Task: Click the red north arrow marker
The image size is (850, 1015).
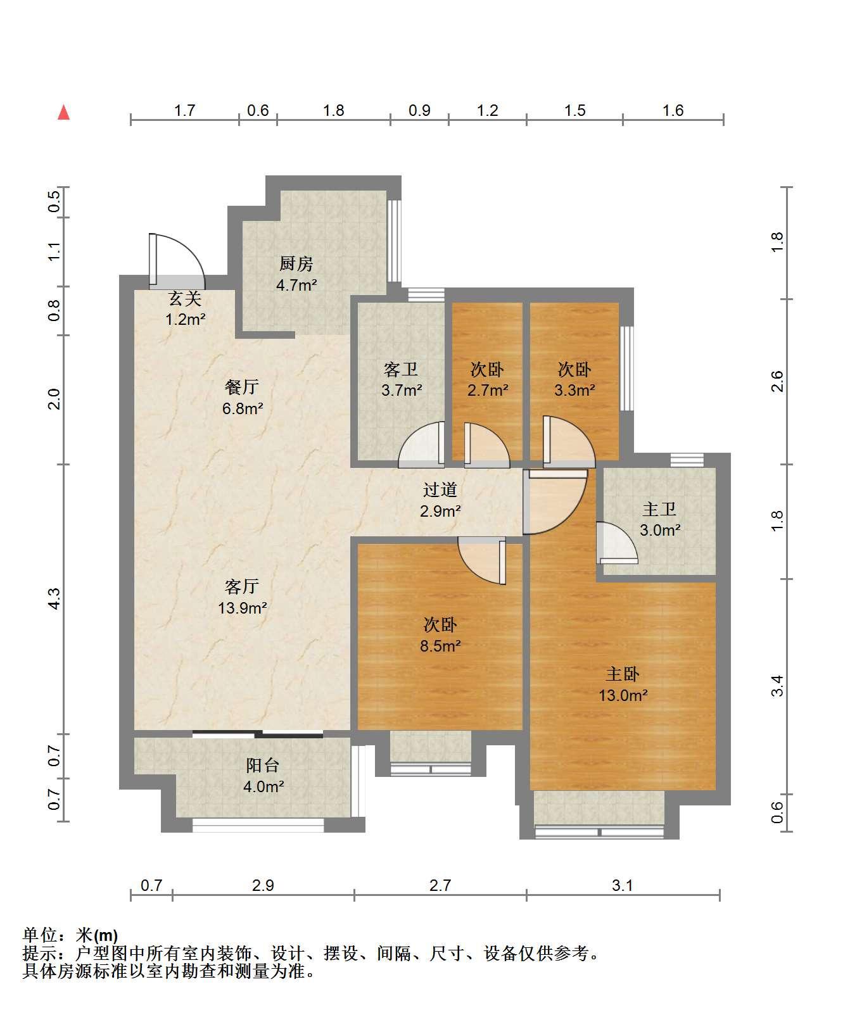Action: pyautogui.click(x=63, y=113)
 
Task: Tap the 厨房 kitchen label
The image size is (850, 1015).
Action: pyautogui.click(x=296, y=263)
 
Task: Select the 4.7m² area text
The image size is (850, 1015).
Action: pyautogui.click(x=296, y=285)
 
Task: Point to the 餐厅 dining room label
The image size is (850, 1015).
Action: pyautogui.click(x=242, y=386)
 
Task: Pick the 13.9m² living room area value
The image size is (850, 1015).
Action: pyautogui.click(x=242, y=608)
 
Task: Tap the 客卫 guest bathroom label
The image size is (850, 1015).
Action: pyautogui.click(x=401, y=369)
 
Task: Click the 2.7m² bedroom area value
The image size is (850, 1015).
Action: pyautogui.click(x=488, y=390)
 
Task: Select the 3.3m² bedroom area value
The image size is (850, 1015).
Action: pyautogui.click(x=574, y=390)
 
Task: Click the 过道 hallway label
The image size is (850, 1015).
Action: pyautogui.click(x=440, y=489)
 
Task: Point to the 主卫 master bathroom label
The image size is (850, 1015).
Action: pyautogui.click(x=659, y=509)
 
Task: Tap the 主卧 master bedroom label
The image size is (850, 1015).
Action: pyautogui.click(x=623, y=674)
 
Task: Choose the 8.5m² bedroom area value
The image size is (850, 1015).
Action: pyautogui.click(x=440, y=646)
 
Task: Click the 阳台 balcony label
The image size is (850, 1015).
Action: pyautogui.click(x=263, y=766)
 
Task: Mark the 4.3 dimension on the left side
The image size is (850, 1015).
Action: pyautogui.click(x=54, y=599)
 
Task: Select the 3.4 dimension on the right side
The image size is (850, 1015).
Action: pyautogui.click(x=777, y=686)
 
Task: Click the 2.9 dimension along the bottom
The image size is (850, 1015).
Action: pyautogui.click(x=263, y=885)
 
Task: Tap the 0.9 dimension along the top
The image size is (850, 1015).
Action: pyautogui.click(x=419, y=111)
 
